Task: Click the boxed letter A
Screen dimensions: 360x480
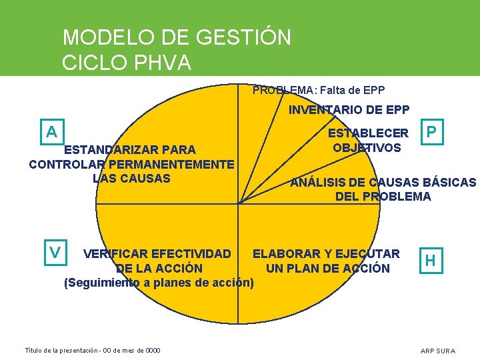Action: [51, 131]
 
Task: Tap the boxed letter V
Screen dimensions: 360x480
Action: [55, 253]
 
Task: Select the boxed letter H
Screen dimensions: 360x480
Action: [431, 261]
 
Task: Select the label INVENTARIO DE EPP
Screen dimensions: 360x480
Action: [349, 109]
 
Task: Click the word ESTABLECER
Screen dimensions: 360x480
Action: [369, 133]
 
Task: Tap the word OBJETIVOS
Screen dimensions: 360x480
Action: [367, 148]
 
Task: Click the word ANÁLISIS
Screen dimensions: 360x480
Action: [321, 182]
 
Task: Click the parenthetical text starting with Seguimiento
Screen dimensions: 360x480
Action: [159, 283]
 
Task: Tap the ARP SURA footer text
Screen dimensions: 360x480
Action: [438, 351]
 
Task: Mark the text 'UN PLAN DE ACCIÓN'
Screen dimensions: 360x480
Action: [327, 269]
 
